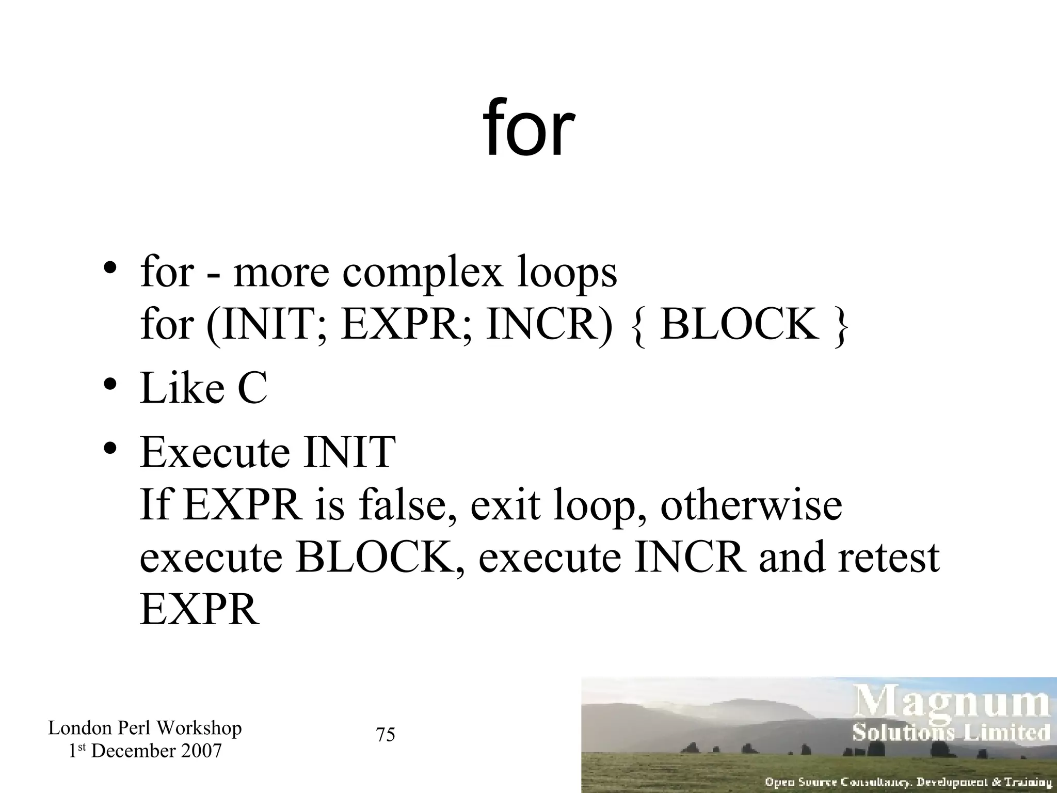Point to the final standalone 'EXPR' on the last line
(199, 610)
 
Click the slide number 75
(386, 735)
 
